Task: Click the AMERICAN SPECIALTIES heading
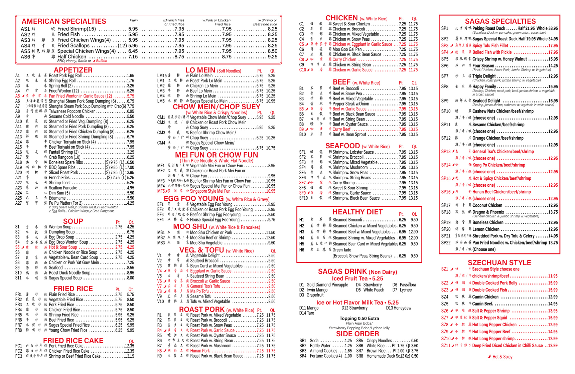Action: [64, 21]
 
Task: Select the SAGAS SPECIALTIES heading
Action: [500, 21]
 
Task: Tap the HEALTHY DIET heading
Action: [357, 212]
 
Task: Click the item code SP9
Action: [445, 101]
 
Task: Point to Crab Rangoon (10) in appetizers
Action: [64, 157]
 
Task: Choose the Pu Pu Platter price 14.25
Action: [129, 203]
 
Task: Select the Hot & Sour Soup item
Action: [63, 247]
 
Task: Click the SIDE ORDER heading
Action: [357, 334]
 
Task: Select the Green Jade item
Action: [342, 250]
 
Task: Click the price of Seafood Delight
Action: [553, 101]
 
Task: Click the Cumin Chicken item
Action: [485, 297]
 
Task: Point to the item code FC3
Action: [18, 356]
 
